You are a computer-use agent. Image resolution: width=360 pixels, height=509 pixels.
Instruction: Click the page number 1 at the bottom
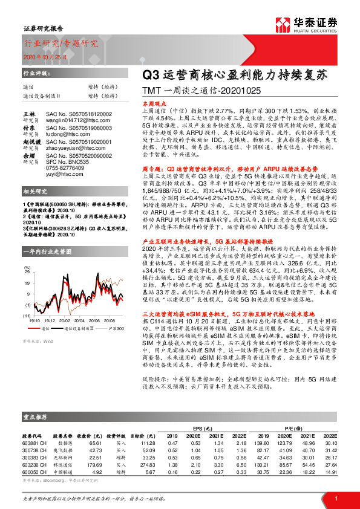click(x=335, y=497)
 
